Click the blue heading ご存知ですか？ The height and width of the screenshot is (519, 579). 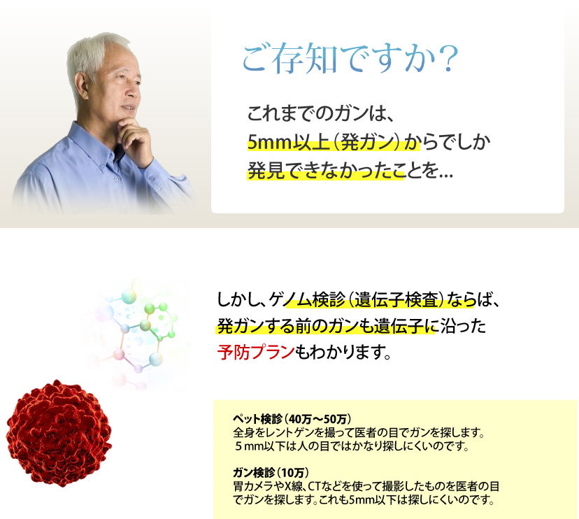point(350,57)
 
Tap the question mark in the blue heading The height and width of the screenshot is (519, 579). point(449,58)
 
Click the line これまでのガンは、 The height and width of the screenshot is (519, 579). point(320,113)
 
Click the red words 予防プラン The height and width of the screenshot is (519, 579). point(255,352)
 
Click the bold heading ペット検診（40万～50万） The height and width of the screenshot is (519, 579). point(292,419)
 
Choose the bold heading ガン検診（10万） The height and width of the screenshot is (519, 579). point(271,472)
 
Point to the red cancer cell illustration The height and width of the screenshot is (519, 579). point(59,432)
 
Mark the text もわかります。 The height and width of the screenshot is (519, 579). point(343,352)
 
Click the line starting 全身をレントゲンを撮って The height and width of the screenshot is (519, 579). point(358,432)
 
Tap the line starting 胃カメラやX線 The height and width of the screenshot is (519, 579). point(366,486)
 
